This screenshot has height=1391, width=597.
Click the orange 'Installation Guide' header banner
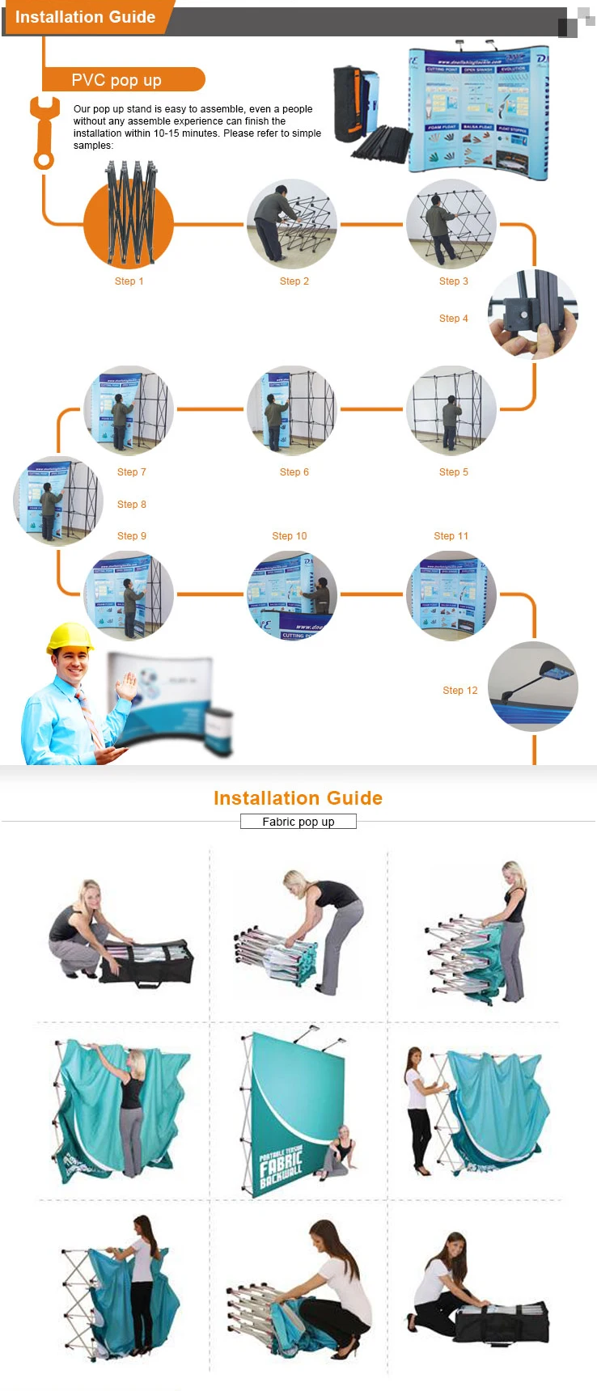[85, 17]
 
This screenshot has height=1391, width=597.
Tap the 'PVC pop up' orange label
[116, 80]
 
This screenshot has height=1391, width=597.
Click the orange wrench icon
[44, 132]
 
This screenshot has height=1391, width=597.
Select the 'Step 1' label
[129, 281]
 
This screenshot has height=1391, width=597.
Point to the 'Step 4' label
[453, 319]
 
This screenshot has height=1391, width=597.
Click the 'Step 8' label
[131, 505]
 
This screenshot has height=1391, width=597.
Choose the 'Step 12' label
[459, 691]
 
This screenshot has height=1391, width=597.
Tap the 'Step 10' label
[289, 536]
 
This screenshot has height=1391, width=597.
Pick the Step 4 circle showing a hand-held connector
[532, 315]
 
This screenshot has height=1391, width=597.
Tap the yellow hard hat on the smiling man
[70, 637]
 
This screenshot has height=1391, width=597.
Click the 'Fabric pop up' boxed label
[298, 822]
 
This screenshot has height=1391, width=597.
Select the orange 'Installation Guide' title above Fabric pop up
[298, 798]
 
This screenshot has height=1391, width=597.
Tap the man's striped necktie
[89, 716]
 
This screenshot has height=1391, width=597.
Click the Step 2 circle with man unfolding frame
[291, 224]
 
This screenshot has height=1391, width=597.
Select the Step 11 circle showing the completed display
[451, 596]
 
